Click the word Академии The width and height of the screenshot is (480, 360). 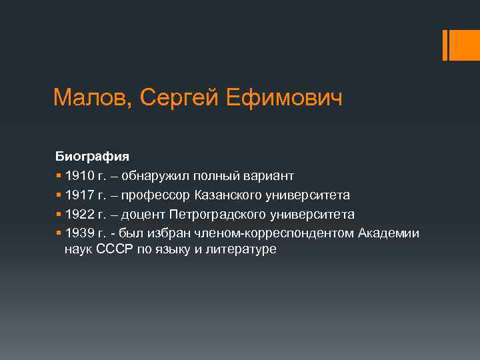point(389,233)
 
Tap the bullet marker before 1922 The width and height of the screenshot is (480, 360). point(59,215)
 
